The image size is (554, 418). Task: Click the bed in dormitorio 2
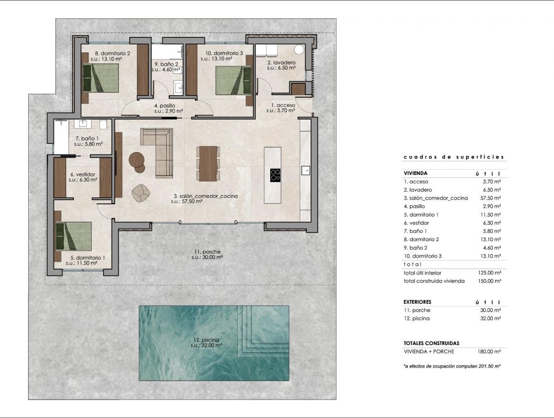[101, 78]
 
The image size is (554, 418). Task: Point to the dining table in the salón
[208, 163]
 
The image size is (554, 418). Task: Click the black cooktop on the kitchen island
[275, 174]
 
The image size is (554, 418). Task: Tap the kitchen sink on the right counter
[306, 170]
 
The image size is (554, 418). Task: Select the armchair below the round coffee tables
[140, 193]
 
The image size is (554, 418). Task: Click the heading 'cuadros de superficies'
[454, 157]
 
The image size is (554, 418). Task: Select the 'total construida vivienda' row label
[434, 281]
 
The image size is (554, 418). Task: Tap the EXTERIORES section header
[417, 302]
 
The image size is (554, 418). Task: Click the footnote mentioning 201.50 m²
[452, 366]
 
